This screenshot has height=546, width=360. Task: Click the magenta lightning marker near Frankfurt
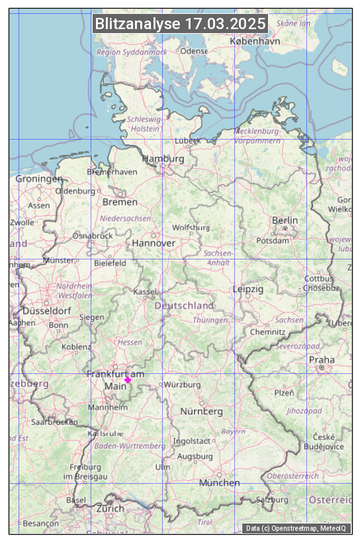click(128, 380)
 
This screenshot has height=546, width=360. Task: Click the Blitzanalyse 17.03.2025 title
click(180, 24)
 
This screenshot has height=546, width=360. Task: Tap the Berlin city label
click(285, 220)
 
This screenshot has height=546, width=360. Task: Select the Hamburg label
click(163, 159)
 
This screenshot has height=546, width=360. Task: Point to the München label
click(220, 483)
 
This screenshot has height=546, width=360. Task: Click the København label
click(255, 41)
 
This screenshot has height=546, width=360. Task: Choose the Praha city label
click(322, 360)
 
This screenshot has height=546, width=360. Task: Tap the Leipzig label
click(248, 289)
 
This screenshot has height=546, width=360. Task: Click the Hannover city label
click(154, 244)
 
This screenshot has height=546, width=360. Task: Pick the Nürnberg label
click(202, 412)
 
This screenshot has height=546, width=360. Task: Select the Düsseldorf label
click(47, 311)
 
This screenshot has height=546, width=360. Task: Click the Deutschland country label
click(184, 306)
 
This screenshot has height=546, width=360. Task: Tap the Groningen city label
click(39, 179)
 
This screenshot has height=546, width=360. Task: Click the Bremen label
click(120, 202)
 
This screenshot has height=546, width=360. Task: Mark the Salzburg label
click(272, 500)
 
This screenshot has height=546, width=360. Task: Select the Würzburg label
click(183, 385)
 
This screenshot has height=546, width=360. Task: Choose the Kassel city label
click(145, 292)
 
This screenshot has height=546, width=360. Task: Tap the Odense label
click(194, 51)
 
